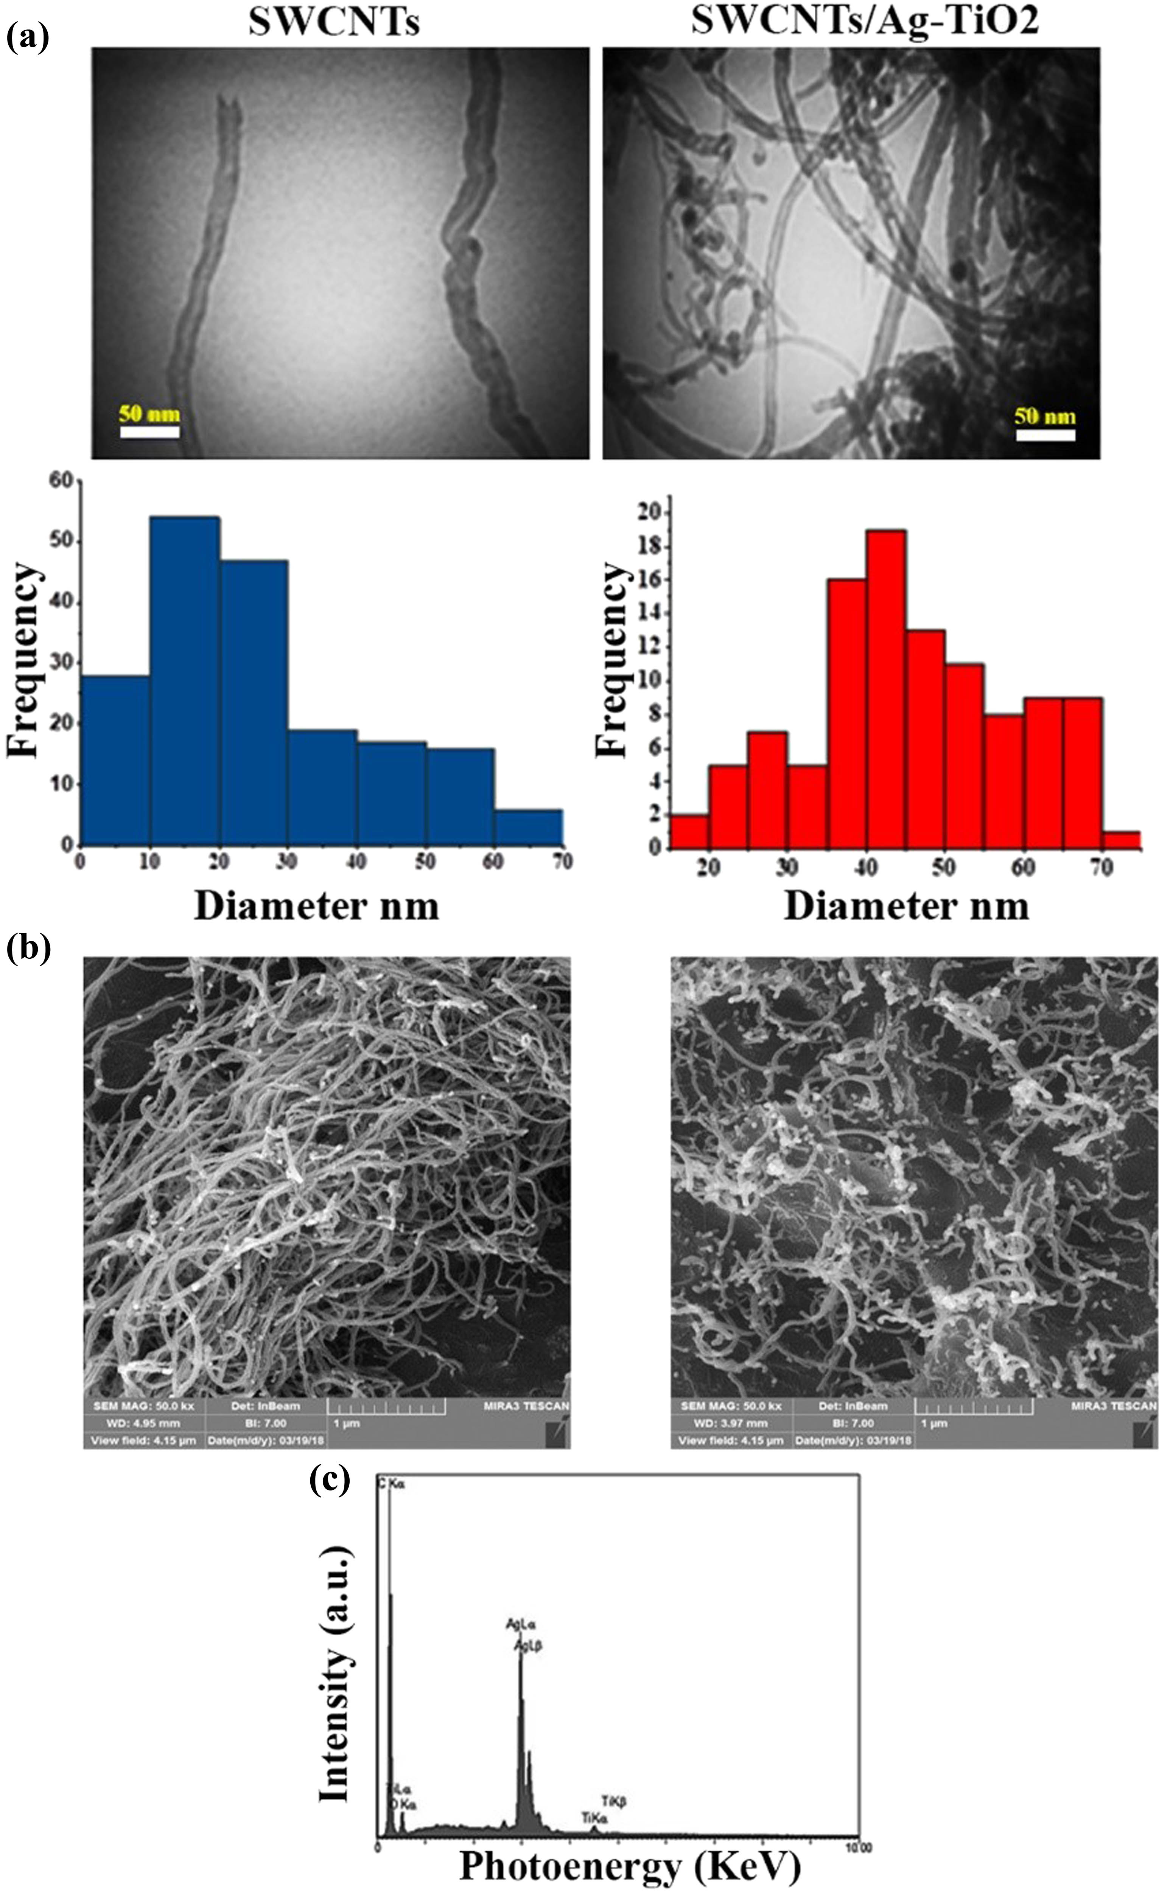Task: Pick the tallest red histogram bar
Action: (886, 688)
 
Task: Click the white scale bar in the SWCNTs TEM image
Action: (149, 431)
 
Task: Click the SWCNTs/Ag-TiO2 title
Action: (864, 21)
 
